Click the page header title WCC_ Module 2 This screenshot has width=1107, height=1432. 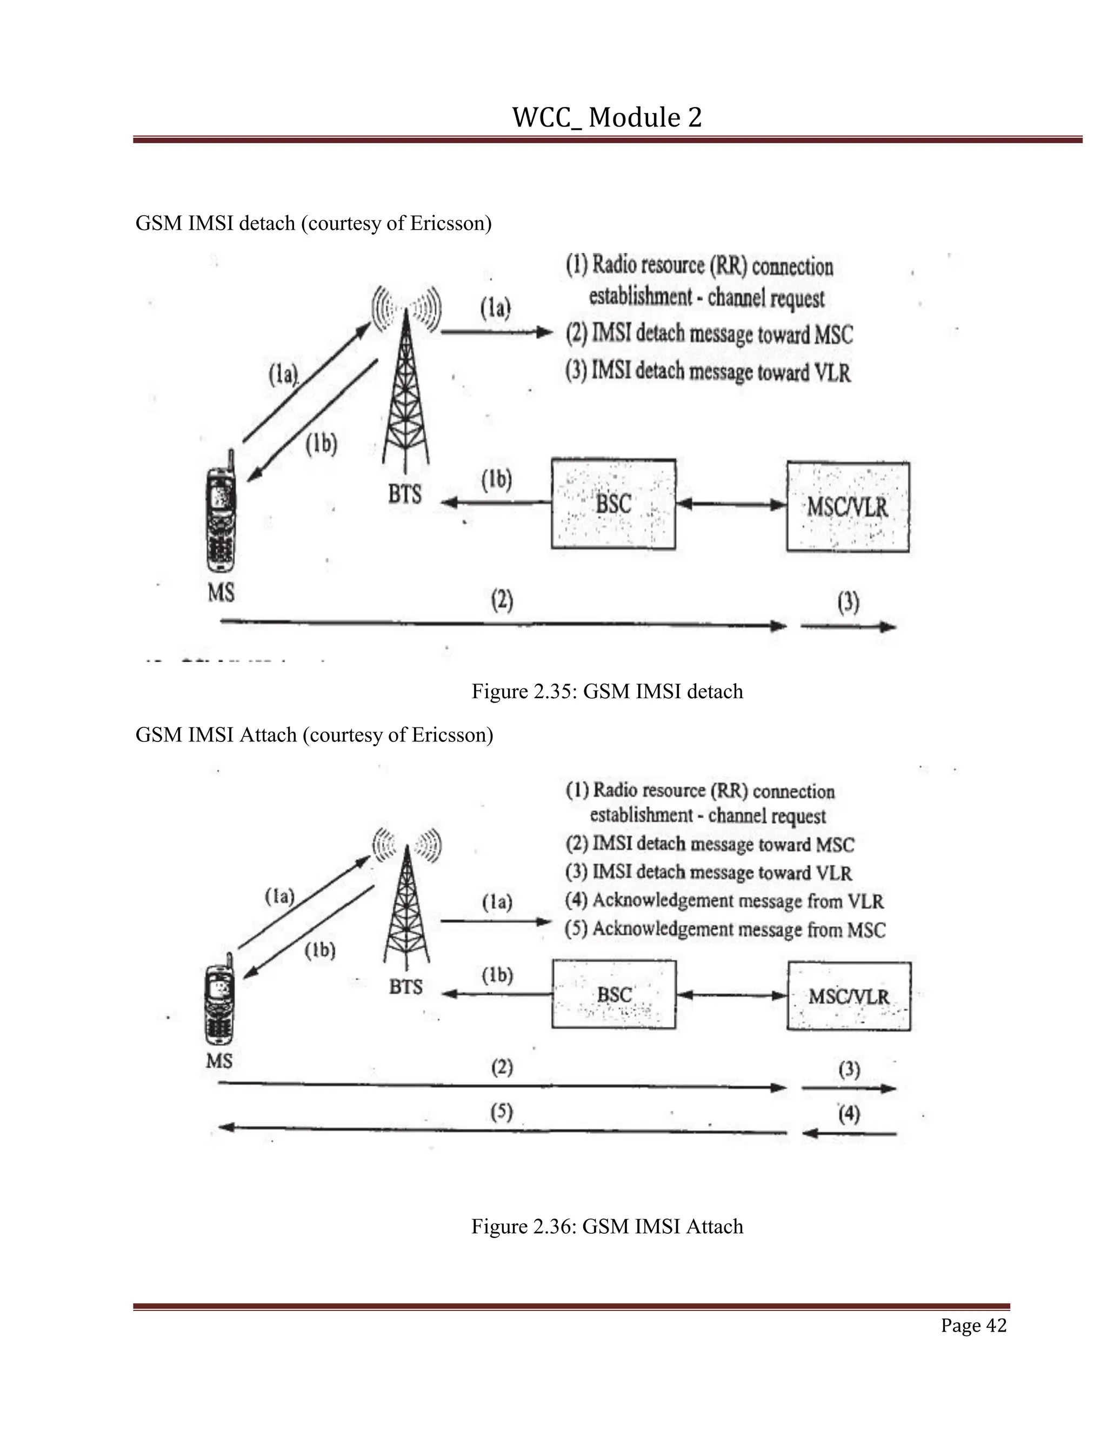(x=606, y=118)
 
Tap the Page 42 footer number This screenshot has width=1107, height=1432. (x=972, y=1325)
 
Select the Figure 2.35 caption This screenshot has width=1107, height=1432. (x=606, y=691)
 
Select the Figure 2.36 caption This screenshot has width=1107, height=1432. (x=606, y=1226)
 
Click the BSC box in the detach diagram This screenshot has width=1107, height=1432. (x=613, y=504)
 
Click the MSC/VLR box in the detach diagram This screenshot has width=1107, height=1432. (x=848, y=507)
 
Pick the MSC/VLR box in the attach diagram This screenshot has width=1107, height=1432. (x=848, y=996)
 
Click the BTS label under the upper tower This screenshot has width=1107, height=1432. (x=405, y=494)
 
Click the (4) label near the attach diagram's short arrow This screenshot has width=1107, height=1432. (x=849, y=1113)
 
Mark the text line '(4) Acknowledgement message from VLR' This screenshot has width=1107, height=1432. (x=724, y=901)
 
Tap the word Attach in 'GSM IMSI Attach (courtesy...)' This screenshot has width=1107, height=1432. (x=268, y=734)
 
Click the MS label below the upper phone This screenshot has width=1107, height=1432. (x=221, y=593)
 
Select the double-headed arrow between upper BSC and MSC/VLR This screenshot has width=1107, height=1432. (x=731, y=504)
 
